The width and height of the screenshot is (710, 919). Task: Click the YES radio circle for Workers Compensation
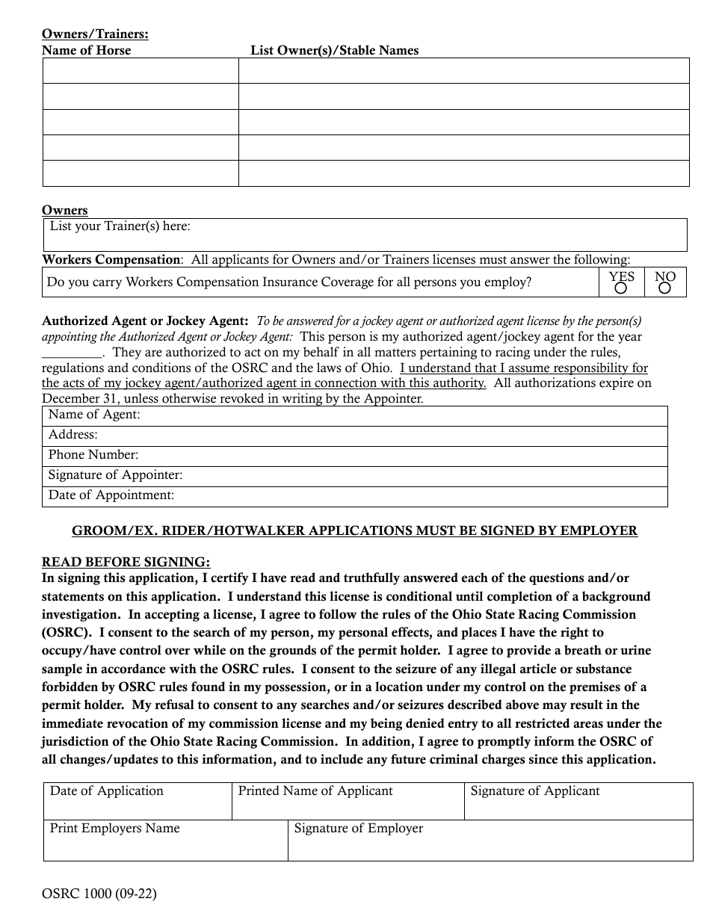point(621,288)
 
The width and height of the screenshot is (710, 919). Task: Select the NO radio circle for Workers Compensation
point(664,288)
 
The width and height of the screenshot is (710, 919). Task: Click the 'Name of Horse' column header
point(86,50)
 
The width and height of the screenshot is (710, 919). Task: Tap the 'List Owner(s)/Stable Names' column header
point(334,50)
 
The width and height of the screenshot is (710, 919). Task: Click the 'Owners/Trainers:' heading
point(95,34)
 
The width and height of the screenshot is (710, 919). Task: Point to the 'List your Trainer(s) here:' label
point(120,226)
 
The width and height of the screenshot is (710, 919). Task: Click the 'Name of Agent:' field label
point(94,415)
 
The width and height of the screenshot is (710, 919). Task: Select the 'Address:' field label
point(73,435)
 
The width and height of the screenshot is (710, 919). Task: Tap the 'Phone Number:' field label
point(93,455)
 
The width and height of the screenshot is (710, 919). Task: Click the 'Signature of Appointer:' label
point(115,475)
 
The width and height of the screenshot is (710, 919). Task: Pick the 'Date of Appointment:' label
point(111,495)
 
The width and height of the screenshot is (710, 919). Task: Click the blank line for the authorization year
point(72,353)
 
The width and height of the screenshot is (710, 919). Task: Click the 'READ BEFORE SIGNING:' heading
point(126,562)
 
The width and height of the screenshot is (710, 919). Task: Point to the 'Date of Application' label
point(106,791)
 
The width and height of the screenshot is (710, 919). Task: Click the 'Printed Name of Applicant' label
point(315,791)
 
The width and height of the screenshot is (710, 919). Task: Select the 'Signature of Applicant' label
point(535,791)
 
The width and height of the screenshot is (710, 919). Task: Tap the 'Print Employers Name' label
point(114,829)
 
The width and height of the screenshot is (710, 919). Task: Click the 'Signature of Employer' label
point(359,829)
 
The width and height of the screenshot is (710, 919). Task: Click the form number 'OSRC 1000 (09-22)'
point(99,894)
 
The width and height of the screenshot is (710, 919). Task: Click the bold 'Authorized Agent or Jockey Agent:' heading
point(145,321)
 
